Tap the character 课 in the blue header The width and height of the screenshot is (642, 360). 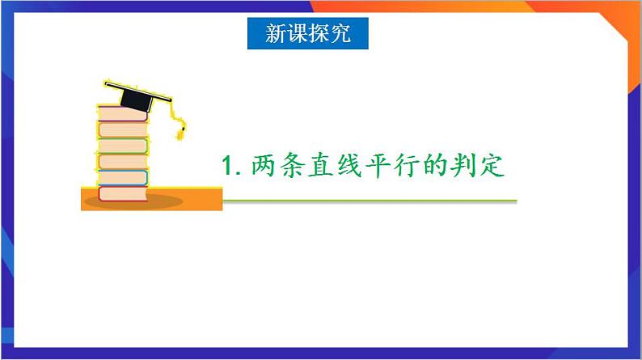pyautogui.click(x=298, y=35)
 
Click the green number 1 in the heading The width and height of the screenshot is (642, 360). pyautogui.click(x=228, y=167)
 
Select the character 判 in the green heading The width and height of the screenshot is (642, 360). pyautogui.click(x=475, y=167)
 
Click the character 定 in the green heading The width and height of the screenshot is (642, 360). pyautogui.click(x=504, y=167)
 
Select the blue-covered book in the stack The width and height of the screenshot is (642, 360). pyautogui.click(x=122, y=177)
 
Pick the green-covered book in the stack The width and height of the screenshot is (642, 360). pyautogui.click(x=122, y=146)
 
